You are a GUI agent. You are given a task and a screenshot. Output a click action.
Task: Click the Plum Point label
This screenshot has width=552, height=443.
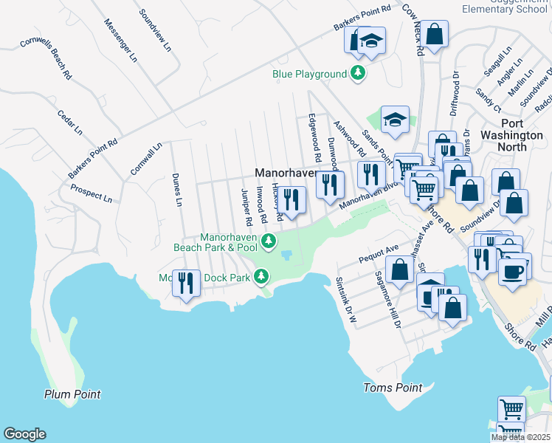click(72, 394)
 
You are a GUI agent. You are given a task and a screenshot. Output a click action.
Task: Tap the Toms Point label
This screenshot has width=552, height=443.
click(393, 388)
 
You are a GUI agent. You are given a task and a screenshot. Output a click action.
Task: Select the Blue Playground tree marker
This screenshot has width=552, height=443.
click(358, 73)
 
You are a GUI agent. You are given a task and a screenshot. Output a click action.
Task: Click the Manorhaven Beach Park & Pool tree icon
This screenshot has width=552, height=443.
click(270, 241)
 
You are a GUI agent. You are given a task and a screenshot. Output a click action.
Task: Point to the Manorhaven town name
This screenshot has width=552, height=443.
click(286, 173)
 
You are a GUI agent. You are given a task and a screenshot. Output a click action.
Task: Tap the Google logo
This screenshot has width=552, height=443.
click(24, 434)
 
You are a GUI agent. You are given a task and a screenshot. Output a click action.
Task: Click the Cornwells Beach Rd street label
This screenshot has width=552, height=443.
click(45, 59)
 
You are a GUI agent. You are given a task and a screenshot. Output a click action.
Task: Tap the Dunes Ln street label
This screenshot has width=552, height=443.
click(176, 189)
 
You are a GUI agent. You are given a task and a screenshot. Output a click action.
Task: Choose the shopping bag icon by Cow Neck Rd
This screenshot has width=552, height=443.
click(434, 34)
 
